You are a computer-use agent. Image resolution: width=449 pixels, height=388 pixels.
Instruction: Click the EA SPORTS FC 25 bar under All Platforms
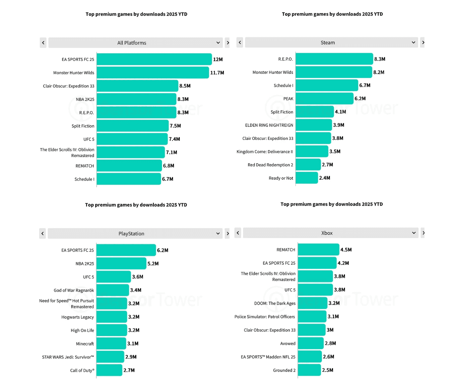(x=154, y=59)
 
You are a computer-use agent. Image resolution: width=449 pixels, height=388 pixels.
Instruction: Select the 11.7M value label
(x=217, y=73)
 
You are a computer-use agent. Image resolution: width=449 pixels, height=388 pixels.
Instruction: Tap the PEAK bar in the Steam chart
(x=324, y=99)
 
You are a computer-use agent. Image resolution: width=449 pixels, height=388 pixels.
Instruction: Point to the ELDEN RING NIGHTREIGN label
(x=269, y=125)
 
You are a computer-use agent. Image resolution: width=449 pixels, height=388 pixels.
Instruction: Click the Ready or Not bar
(x=307, y=178)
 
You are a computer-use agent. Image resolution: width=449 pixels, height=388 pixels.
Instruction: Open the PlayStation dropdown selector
(x=135, y=234)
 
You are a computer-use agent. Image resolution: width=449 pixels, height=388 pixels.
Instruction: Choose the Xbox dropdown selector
(x=331, y=233)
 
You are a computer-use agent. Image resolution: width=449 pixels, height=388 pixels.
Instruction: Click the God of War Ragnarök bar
(x=112, y=290)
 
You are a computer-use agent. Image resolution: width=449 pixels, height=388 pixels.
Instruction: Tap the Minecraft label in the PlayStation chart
(x=85, y=344)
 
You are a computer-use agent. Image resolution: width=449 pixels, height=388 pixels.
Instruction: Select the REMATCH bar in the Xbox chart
(x=318, y=250)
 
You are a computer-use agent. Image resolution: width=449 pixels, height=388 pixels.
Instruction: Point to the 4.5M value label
(x=346, y=250)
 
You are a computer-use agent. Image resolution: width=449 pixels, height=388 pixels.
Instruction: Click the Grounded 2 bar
(x=309, y=370)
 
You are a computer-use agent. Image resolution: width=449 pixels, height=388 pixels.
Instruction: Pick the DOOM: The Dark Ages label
(x=275, y=303)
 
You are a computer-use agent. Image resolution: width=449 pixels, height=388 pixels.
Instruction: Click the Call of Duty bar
(x=109, y=370)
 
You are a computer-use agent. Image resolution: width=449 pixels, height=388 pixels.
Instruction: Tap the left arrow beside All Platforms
(x=43, y=43)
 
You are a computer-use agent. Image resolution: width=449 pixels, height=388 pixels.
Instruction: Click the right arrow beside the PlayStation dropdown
(x=227, y=234)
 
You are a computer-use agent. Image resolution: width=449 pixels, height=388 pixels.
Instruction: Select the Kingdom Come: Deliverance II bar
(x=312, y=151)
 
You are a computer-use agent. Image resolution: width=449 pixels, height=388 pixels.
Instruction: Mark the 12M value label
(x=218, y=59)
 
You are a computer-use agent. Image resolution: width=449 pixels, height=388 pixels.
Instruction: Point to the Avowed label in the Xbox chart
(x=288, y=343)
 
